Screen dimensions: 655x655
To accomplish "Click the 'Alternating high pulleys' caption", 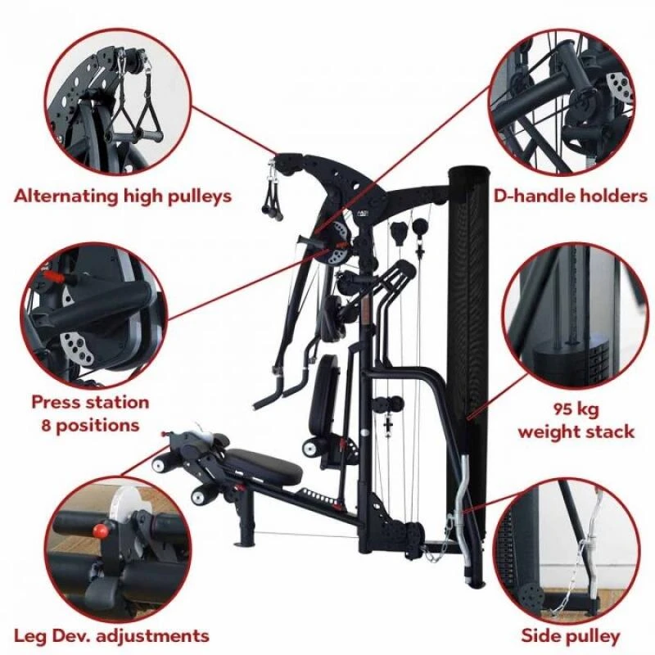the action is click(x=122, y=196).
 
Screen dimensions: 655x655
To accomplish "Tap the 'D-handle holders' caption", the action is click(x=571, y=195).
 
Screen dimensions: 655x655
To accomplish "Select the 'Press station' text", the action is click(x=90, y=402).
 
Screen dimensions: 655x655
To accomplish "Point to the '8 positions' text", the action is click(x=90, y=426).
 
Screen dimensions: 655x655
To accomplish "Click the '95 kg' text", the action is click(x=576, y=409).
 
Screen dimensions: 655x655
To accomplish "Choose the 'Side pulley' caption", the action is click(x=570, y=636).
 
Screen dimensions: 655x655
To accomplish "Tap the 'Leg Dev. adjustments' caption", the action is click(x=111, y=636).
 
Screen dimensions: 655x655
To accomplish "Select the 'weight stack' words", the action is click(x=576, y=431).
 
